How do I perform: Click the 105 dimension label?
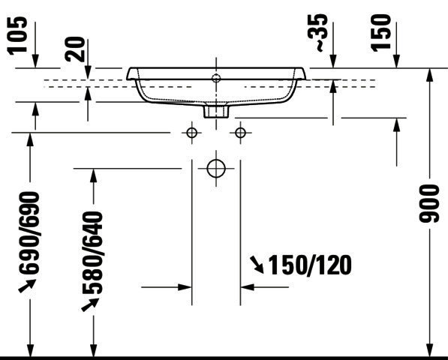(x=18, y=35)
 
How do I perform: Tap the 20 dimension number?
(x=75, y=49)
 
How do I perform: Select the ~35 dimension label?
(x=317, y=33)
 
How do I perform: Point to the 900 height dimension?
(x=428, y=203)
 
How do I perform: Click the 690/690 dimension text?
(x=29, y=232)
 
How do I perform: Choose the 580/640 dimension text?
(x=92, y=252)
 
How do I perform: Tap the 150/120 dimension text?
(x=310, y=265)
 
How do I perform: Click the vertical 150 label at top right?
(x=381, y=33)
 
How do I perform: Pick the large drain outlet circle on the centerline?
(x=216, y=169)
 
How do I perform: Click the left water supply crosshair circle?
(x=191, y=133)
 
